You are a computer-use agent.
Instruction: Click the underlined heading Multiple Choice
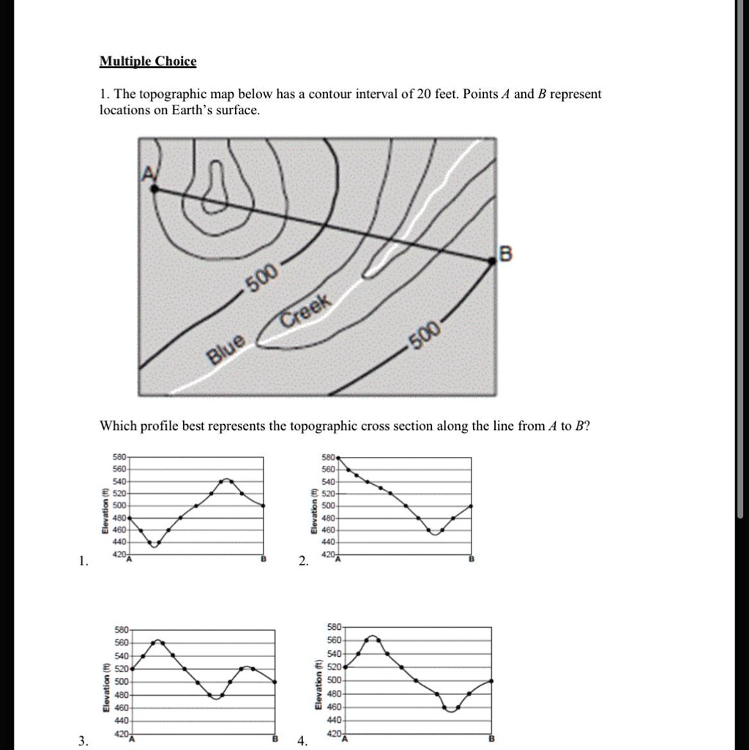coord(148,62)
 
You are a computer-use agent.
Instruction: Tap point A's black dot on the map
coord(154,189)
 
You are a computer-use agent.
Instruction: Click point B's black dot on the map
coord(492,260)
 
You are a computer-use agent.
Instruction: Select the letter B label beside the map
coord(505,254)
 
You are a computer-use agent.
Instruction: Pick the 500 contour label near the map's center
coord(261,278)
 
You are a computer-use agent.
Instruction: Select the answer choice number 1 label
coord(84,562)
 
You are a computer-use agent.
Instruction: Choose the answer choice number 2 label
coord(303,562)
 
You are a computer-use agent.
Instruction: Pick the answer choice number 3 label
coord(84,740)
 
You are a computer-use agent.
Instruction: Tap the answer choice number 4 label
coord(302,740)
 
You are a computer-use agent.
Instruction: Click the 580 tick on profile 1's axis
coord(119,457)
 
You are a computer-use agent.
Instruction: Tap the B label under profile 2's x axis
coord(472,560)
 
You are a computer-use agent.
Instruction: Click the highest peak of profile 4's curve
coord(373,636)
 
